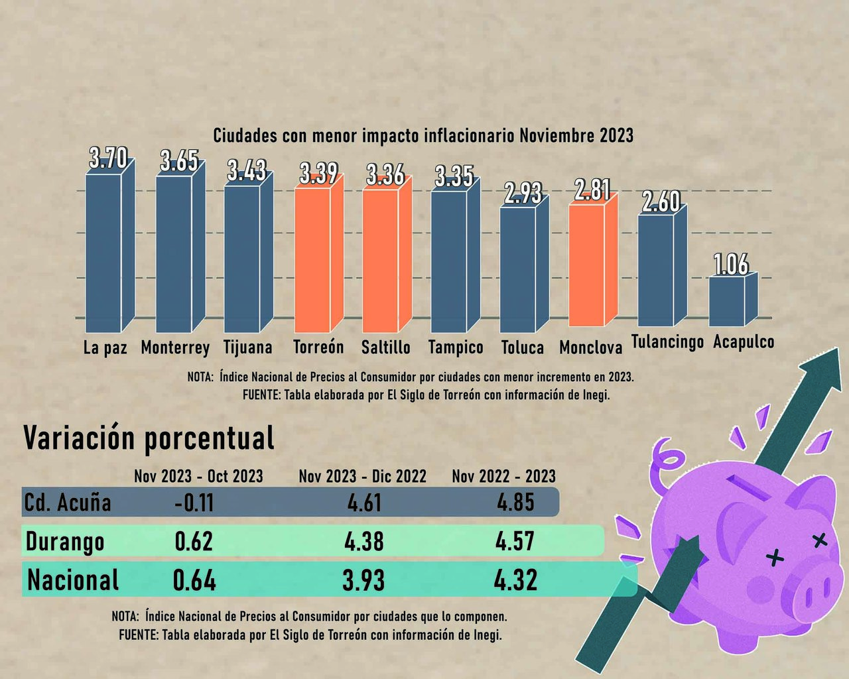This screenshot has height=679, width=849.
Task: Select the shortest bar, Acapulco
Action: (x=727, y=301)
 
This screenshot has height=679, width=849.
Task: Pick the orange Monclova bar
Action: (x=587, y=265)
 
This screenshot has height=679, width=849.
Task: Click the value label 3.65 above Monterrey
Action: (x=179, y=161)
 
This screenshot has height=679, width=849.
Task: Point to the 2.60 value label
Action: (x=661, y=202)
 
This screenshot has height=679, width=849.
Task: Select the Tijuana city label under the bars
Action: (x=247, y=347)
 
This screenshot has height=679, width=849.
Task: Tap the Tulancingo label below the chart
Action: (x=667, y=342)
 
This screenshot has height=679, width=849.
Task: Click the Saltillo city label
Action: (x=385, y=347)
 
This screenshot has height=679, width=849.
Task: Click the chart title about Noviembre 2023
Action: (x=423, y=136)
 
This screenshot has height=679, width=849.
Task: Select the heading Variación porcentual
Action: (x=149, y=438)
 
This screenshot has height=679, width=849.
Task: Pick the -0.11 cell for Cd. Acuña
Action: (x=194, y=503)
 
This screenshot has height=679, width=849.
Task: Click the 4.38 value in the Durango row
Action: (x=363, y=542)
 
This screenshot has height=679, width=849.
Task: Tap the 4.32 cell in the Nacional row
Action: (x=515, y=580)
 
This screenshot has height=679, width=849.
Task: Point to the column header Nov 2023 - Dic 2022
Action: (x=362, y=476)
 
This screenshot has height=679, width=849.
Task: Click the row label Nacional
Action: (x=73, y=580)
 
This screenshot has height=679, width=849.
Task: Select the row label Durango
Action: (x=65, y=542)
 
